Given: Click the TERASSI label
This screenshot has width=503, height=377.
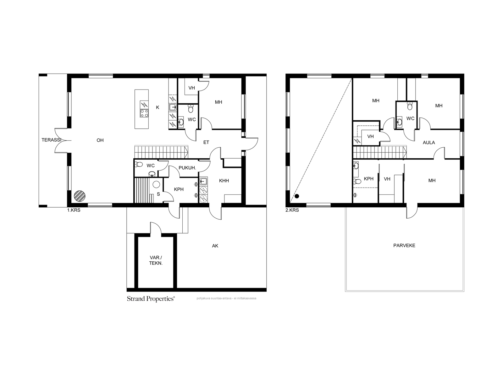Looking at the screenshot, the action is click(x=51, y=140).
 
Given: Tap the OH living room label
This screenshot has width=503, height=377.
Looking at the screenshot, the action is click(x=100, y=140).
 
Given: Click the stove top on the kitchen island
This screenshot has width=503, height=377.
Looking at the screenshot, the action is click(x=144, y=113).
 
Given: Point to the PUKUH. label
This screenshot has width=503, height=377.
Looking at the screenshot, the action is click(x=187, y=168).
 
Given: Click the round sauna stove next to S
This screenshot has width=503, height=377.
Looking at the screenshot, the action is click(x=156, y=184).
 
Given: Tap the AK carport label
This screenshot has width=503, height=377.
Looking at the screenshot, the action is click(x=215, y=246).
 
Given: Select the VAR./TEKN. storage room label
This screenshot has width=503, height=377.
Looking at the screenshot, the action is click(x=156, y=260).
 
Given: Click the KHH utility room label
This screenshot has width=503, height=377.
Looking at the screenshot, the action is click(x=224, y=181).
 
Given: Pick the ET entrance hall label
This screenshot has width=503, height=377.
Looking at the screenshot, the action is click(x=206, y=142).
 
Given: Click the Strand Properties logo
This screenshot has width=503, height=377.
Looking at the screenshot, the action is click(x=151, y=298).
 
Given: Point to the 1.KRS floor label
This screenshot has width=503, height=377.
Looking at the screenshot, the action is click(x=74, y=210).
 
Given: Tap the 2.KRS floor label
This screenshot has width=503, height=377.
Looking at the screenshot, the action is click(x=292, y=210).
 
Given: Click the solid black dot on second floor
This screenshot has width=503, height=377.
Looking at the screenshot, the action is click(x=297, y=196).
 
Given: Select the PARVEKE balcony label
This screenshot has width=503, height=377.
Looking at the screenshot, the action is click(x=404, y=245).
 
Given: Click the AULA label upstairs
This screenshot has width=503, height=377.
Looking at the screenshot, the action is click(x=429, y=143).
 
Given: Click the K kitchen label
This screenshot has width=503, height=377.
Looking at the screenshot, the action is click(x=158, y=107).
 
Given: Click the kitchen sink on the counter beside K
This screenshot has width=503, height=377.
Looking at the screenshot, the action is click(x=173, y=107).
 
